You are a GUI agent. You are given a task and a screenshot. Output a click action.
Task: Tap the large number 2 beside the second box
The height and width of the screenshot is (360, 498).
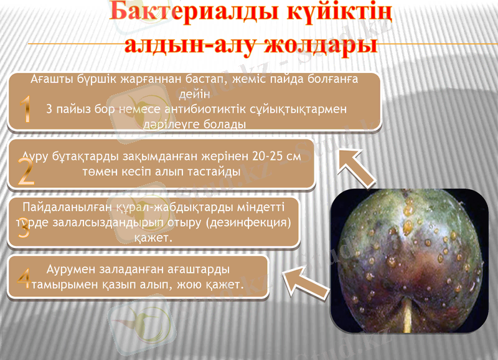pos(26,171)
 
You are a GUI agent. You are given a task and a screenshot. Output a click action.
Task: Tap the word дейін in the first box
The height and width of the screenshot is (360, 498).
pos(194,95)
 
